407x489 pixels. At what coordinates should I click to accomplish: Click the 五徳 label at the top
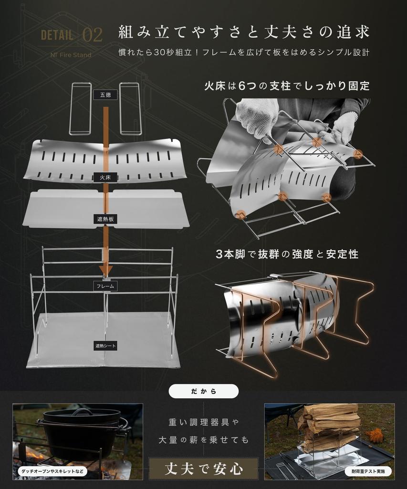click(x=105, y=95)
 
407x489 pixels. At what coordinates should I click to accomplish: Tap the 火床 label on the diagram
click(x=105, y=177)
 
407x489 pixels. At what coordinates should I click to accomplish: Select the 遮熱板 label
click(x=105, y=219)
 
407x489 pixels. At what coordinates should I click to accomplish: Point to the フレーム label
click(x=106, y=287)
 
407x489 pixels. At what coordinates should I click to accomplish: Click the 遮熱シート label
click(x=105, y=346)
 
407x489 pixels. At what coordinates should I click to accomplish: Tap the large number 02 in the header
click(x=92, y=35)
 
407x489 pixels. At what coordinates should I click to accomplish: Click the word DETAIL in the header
click(x=57, y=35)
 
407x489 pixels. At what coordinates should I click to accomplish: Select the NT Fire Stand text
click(x=71, y=54)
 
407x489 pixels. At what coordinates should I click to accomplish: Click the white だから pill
click(x=204, y=391)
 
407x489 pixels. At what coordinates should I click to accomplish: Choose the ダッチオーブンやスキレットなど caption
click(x=52, y=471)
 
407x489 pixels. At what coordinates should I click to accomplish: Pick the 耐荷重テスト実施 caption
click(x=368, y=471)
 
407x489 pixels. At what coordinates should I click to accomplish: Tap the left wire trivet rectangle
click(x=80, y=108)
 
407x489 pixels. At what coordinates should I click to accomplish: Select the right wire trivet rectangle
click(x=130, y=108)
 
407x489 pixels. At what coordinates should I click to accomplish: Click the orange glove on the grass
click(x=376, y=435)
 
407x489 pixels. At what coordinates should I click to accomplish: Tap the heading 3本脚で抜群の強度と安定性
click(x=287, y=254)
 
